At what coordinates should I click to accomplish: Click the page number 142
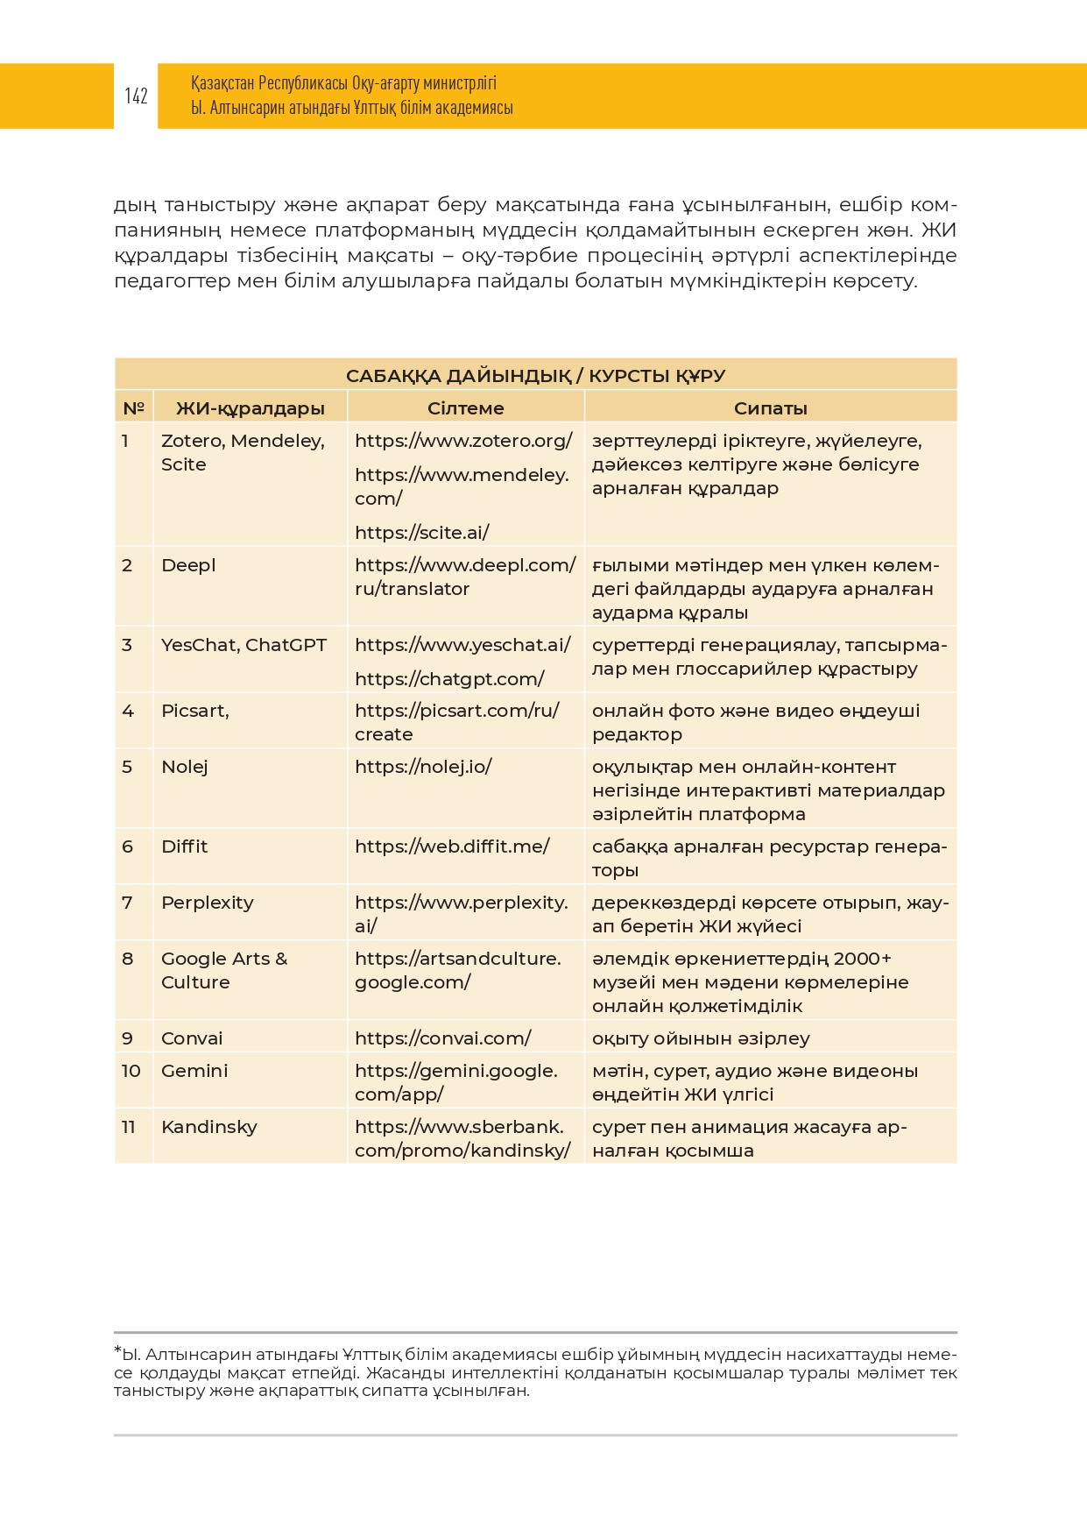[136, 96]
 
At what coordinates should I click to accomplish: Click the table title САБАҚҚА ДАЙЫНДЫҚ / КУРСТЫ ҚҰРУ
[535, 376]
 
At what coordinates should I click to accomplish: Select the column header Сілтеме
[465, 408]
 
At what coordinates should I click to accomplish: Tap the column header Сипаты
[770, 408]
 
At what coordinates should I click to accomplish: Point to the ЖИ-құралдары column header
[250, 408]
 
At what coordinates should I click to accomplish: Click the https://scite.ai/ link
[421, 533]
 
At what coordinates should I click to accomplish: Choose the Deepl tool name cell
[188, 565]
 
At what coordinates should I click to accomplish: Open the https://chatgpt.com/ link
[449, 679]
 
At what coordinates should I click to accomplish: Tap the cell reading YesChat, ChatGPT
[244, 645]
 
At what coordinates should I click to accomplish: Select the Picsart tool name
[194, 711]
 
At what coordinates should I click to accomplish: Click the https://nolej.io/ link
[423, 767]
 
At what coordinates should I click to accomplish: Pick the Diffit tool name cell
[184, 846]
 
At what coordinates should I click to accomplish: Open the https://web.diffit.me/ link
[452, 846]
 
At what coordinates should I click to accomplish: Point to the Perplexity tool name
[207, 903]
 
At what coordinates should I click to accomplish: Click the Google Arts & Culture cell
[223, 970]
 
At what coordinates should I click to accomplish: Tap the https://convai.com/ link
[442, 1038]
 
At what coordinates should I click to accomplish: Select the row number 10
[131, 1071]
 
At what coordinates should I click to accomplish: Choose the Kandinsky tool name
[208, 1127]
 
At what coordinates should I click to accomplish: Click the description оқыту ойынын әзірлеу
[701, 1038]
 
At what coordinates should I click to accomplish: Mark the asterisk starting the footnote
[117, 1350]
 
